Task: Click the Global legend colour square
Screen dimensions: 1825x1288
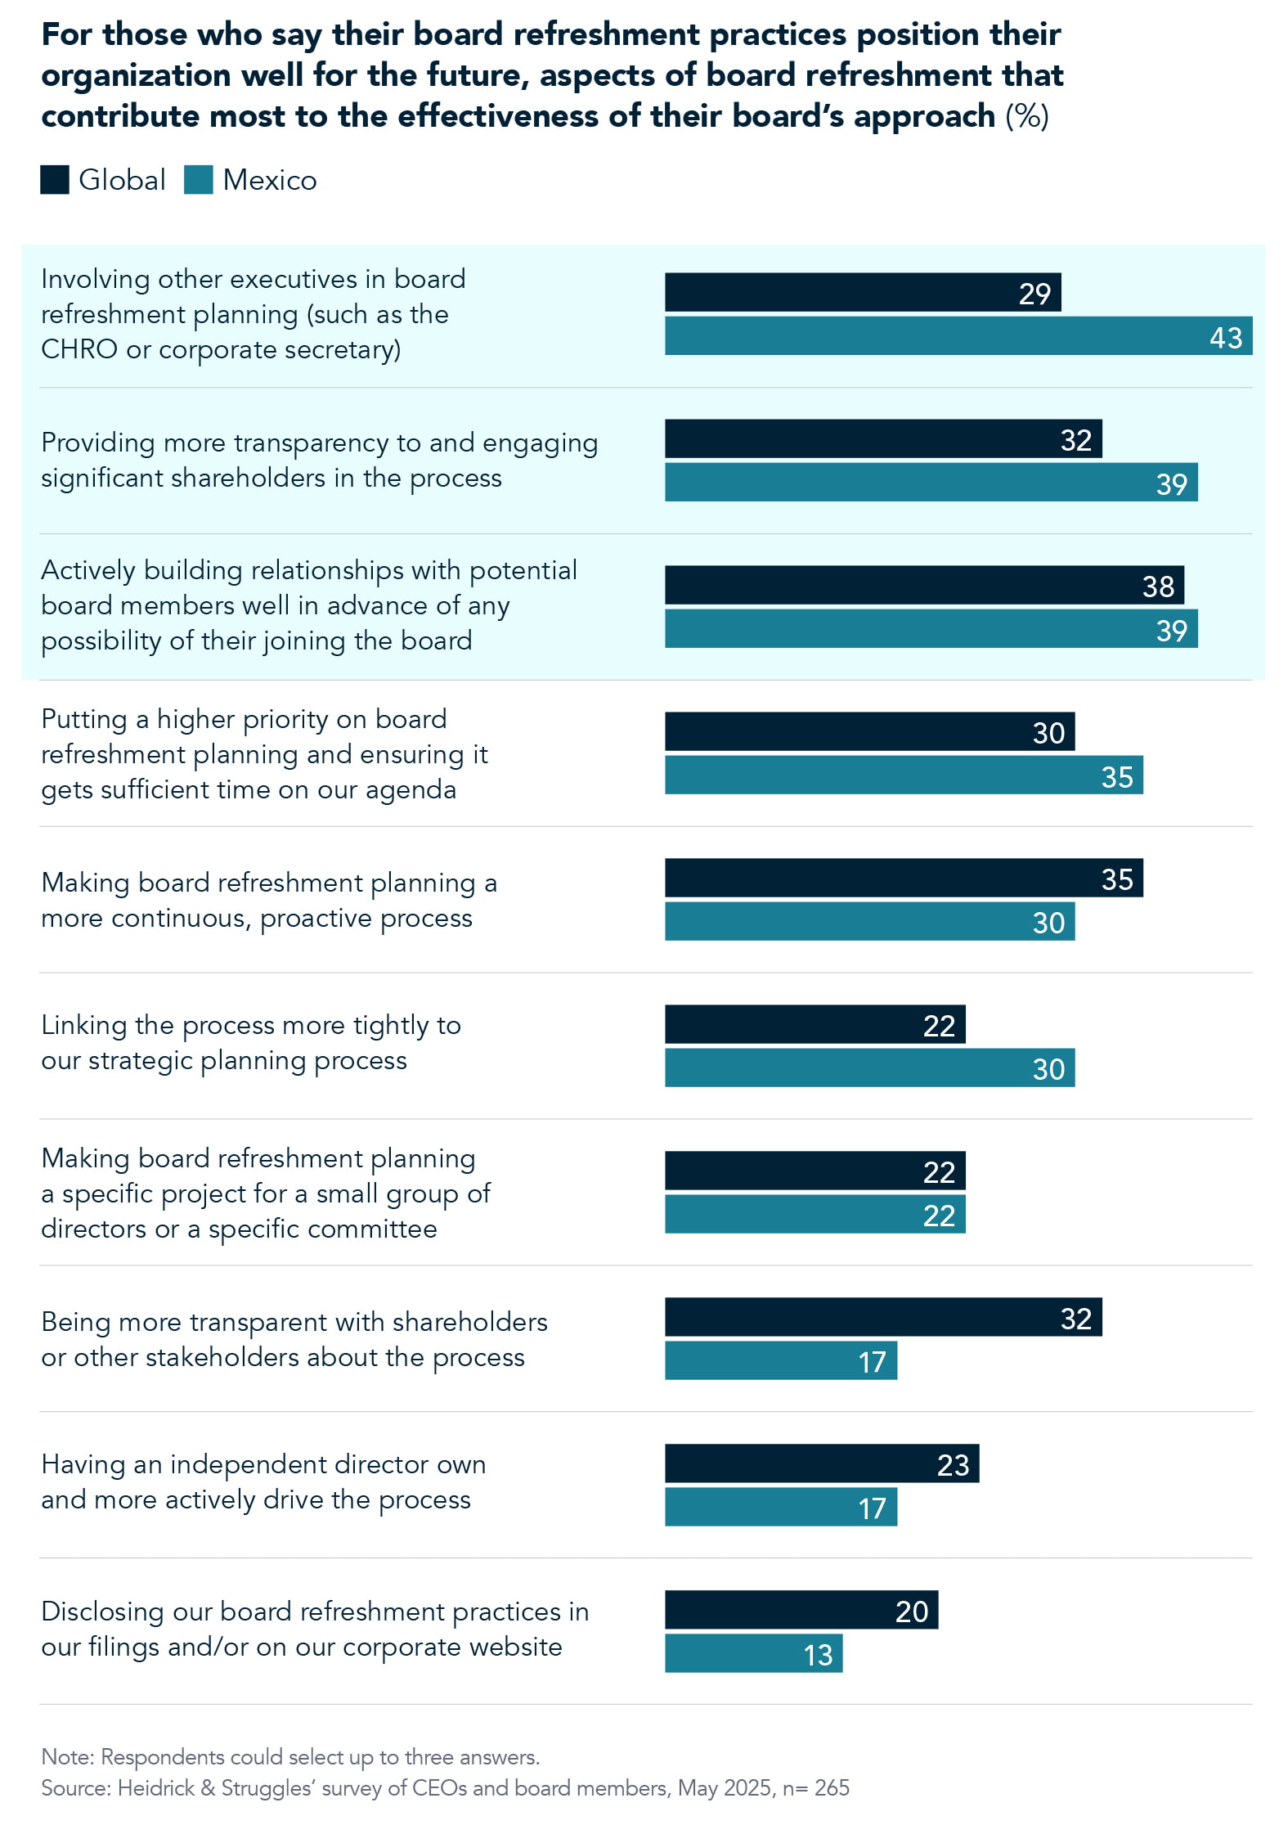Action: point(55,180)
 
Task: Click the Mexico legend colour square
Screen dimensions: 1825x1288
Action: point(199,180)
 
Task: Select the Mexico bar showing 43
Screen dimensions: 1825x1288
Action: point(958,336)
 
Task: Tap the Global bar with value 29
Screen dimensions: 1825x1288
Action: point(862,293)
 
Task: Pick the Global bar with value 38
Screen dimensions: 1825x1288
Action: point(923,586)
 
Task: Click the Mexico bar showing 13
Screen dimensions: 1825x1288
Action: point(752,1654)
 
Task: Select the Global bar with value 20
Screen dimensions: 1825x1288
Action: point(801,1611)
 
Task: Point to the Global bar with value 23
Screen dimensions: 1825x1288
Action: point(821,1464)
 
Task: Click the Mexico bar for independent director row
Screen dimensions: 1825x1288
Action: point(780,1508)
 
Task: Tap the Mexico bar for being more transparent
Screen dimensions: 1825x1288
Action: point(780,1361)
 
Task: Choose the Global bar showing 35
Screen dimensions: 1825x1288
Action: point(903,879)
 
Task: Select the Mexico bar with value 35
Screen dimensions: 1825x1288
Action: point(903,775)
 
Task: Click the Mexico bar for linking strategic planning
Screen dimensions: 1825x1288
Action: point(868,1068)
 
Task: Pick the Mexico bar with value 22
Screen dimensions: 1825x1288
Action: point(815,1215)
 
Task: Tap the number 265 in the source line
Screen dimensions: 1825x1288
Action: point(832,1788)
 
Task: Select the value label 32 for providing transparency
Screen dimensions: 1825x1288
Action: point(1075,440)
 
